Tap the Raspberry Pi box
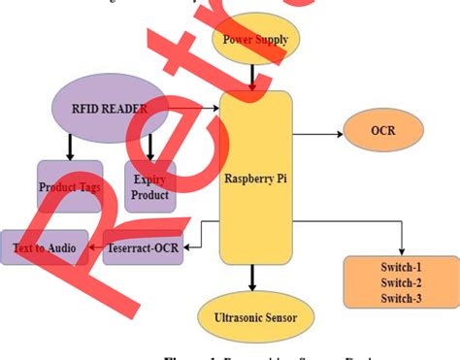pos(256,179)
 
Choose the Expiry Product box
pos(150,187)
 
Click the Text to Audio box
pos(44,247)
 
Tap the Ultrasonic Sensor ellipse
pos(256,316)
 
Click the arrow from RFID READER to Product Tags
pos(70,147)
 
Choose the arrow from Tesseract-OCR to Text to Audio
pos(95,247)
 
